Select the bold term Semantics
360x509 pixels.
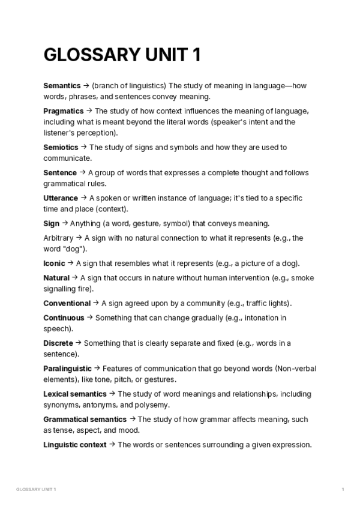tap(63, 85)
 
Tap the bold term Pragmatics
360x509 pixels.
tap(64, 111)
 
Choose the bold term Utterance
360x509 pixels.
tap(61, 197)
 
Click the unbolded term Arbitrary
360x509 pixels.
tap(59, 238)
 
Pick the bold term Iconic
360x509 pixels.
tap(55, 263)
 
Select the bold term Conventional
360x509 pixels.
tap(67, 303)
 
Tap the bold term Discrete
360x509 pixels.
tap(58, 343)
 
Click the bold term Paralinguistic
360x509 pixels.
tap(68, 368)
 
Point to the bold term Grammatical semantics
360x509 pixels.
tap(85, 419)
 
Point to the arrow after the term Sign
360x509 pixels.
tap(65, 223)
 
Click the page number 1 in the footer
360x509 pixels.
tap(343, 490)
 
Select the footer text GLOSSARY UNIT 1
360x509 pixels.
tap(35, 490)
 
